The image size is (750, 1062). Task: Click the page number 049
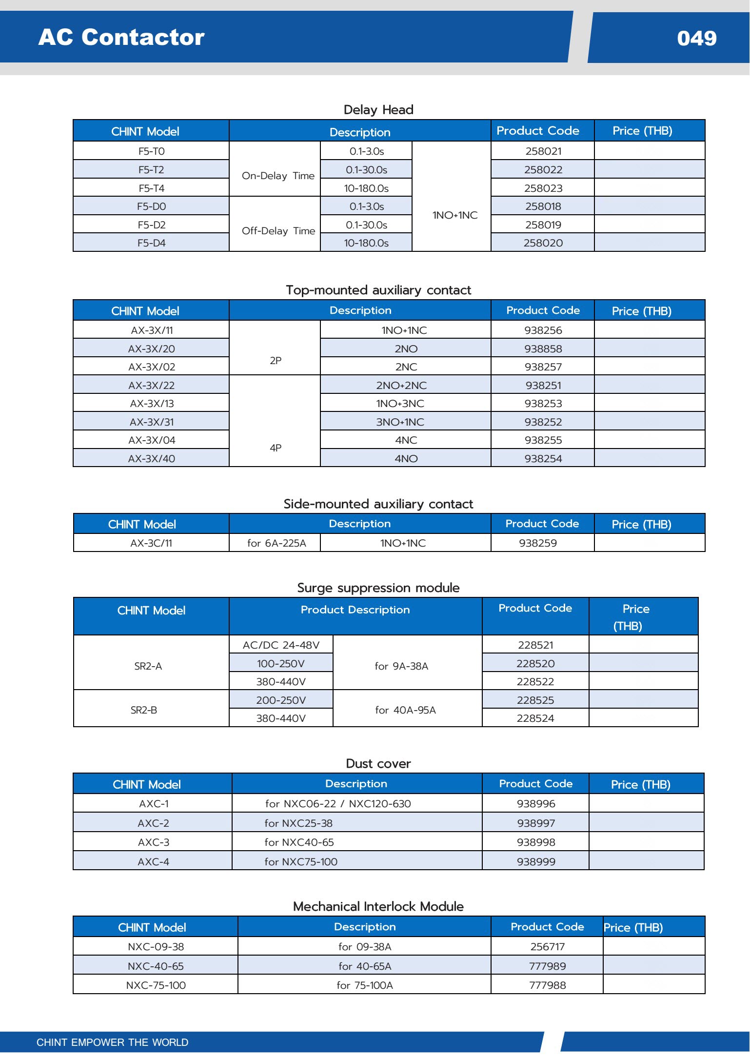point(696,38)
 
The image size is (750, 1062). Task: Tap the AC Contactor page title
point(121,37)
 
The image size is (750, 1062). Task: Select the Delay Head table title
point(378,109)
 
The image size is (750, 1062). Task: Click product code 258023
point(543,188)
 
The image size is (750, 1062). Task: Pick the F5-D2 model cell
point(152,225)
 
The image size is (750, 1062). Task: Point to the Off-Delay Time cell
point(278,230)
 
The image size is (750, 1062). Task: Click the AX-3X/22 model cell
point(152,385)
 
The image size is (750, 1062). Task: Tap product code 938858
point(543,348)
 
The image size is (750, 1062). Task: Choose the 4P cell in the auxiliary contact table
point(276,448)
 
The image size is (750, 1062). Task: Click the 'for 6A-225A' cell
point(276,543)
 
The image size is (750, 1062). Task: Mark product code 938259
point(538,543)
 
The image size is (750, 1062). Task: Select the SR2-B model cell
point(144,710)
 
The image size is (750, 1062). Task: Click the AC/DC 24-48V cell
point(281,645)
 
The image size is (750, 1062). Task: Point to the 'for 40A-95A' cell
point(405,710)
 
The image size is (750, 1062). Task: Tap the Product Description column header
point(355,610)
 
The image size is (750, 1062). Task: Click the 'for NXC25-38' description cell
point(298,823)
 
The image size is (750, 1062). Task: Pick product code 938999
point(536,861)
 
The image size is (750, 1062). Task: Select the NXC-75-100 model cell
point(156,985)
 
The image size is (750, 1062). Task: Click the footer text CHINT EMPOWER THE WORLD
point(112,1042)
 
